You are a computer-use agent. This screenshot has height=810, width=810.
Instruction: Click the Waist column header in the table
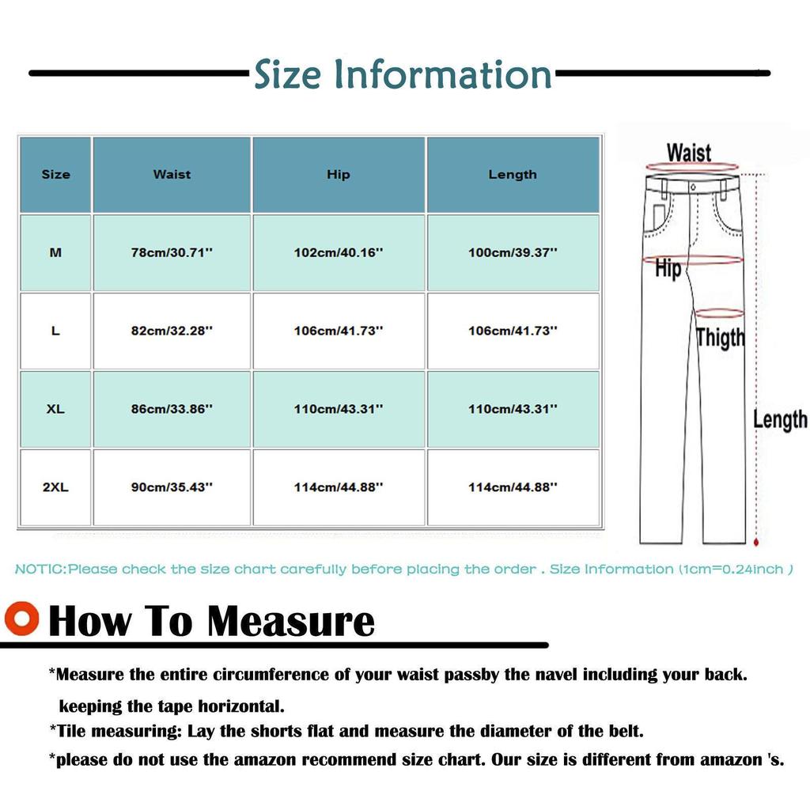172,175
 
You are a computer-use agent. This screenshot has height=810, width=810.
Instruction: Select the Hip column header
338,175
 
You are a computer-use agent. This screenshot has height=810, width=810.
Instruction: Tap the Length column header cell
513,175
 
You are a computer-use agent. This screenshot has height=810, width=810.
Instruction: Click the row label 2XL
55,487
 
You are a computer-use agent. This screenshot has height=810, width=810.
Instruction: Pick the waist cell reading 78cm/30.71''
172,253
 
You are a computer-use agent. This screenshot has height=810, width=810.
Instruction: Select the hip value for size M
338,253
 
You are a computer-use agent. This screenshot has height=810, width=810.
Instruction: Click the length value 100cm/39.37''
513,253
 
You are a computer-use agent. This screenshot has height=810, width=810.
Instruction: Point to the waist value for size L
172,331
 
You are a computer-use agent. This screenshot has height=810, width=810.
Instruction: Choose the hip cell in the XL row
338,409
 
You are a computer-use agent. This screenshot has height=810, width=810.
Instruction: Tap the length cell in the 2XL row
513,487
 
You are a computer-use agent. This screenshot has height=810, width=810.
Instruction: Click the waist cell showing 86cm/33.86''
172,409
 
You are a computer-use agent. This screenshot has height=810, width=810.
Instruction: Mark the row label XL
55,409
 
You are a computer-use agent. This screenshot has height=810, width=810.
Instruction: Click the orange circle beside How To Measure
21,618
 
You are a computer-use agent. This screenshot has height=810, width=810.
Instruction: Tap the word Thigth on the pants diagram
721,338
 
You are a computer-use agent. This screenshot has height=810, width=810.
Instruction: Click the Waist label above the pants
688,152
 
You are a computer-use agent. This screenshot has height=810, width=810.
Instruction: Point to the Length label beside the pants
779,419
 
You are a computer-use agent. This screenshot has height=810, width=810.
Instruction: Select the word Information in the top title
442,75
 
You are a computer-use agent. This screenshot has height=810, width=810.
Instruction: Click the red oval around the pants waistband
693,167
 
